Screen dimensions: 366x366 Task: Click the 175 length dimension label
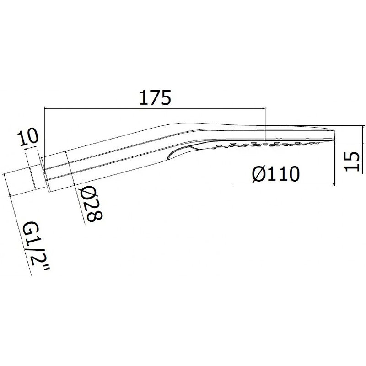click(155, 97)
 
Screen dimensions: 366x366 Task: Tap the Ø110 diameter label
click(275, 174)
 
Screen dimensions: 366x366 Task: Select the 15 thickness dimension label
click(352, 161)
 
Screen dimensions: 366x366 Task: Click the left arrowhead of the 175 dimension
click(46, 108)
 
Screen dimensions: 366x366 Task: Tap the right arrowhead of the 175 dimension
click(264, 108)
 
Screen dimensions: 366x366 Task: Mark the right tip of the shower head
click(335, 134)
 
